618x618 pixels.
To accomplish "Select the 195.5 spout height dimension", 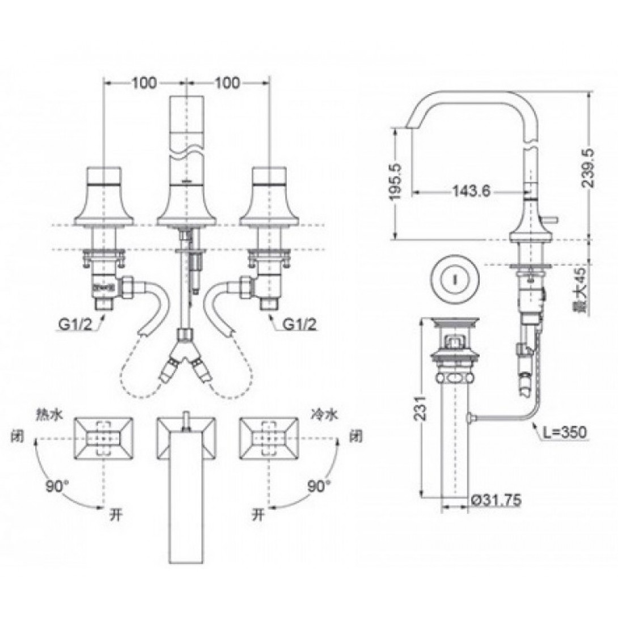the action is [396, 181].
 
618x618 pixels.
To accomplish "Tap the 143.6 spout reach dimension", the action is [471, 192].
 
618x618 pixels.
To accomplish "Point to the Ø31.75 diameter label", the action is [496, 500].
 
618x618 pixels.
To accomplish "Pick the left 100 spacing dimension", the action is [144, 83].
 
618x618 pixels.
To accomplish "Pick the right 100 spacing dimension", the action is [227, 83].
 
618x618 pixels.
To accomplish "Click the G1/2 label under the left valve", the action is [75, 325].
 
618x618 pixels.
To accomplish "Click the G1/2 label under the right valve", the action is [299, 325].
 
